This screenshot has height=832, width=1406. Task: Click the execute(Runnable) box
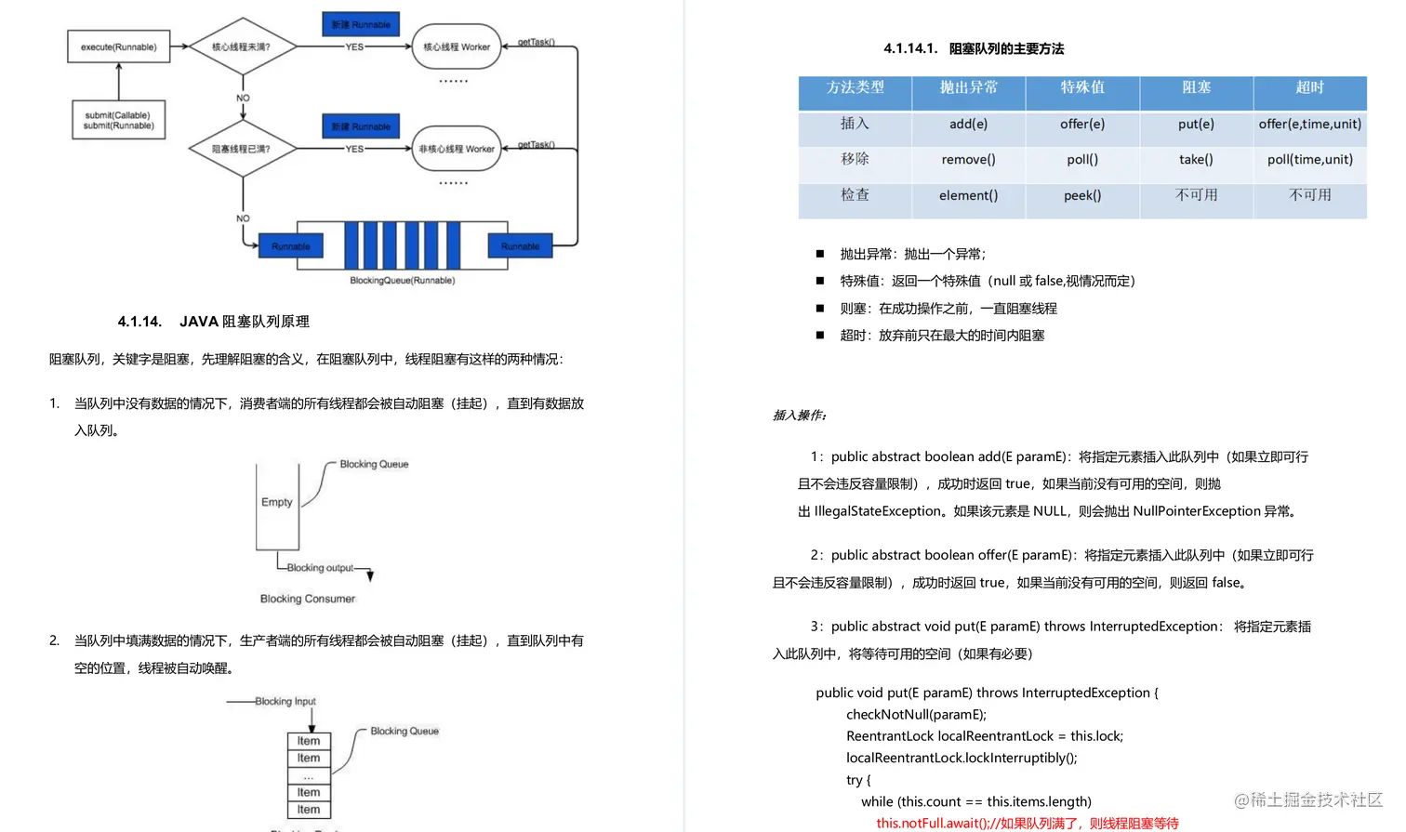pos(119,46)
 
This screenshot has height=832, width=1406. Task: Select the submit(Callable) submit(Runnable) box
pos(119,120)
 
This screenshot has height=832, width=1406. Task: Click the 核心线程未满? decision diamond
pos(242,46)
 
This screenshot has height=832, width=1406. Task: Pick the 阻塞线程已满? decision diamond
pos(242,149)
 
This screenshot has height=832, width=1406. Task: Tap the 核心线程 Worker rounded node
pos(457,46)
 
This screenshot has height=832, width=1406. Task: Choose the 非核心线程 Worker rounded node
pos(457,149)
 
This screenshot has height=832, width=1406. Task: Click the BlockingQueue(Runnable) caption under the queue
pos(402,280)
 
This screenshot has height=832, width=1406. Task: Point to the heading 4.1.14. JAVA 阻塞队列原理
pos(214,322)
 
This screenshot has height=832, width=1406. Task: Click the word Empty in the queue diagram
pos(277,502)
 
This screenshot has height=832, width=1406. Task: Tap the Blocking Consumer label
pos(308,599)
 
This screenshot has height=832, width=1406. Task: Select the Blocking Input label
pos(285,701)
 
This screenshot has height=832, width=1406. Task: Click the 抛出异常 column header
pos(968,87)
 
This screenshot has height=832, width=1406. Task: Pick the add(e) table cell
pos(968,124)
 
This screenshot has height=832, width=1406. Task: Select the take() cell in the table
pos(1196,159)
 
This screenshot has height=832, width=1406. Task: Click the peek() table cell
pos(1082,195)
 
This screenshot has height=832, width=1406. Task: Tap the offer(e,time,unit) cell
pos(1309,124)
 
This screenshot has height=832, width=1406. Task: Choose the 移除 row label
pos(855,159)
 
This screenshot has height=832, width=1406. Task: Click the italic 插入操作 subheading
pos(800,416)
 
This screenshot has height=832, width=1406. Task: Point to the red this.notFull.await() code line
pos(1027,823)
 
